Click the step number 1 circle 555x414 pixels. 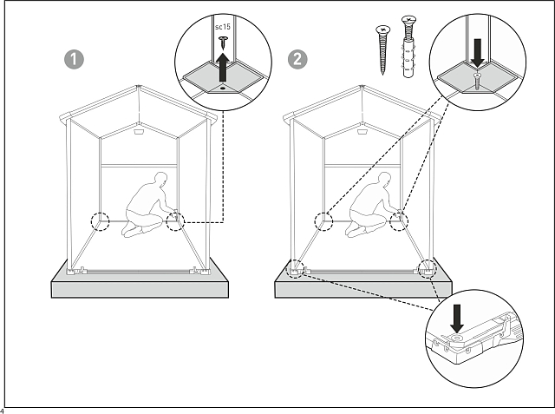75,59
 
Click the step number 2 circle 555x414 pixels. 298,59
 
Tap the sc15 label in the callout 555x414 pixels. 222,28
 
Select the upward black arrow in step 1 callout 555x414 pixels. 223,63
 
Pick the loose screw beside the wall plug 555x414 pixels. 381,47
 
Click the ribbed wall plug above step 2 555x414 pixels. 408,48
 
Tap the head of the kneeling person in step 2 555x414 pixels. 382,180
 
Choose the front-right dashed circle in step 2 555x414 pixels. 427,267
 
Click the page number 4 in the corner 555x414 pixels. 3,410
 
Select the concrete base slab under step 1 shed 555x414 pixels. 140,286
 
